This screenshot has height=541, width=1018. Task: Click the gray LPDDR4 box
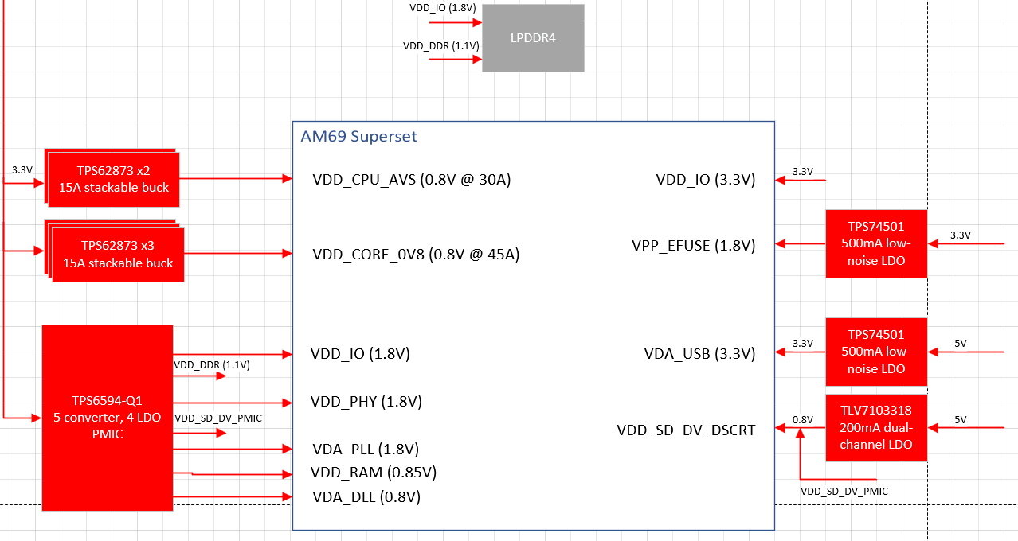(533, 38)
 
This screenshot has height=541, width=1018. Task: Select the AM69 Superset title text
(358, 136)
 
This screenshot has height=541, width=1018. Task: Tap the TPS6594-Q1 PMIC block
(108, 417)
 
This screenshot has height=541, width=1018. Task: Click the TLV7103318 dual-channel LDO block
(876, 427)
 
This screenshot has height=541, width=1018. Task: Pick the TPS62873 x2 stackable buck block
(113, 179)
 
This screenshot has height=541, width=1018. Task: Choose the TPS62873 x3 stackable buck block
(117, 254)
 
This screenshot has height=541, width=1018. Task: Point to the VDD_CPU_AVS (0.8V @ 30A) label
(411, 180)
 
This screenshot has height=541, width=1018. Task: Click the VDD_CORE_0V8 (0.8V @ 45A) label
(416, 255)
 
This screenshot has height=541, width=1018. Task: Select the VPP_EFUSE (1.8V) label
(693, 245)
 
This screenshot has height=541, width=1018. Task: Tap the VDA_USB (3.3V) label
(699, 353)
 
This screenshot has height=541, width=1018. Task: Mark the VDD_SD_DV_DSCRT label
(686, 430)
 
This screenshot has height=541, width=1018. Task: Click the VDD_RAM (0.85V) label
(374, 473)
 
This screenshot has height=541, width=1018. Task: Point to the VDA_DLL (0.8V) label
(366, 497)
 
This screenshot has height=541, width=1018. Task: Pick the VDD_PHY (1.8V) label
(366, 401)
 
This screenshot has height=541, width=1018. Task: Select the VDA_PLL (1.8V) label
(365, 449)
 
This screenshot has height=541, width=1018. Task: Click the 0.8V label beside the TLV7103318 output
(803, 419)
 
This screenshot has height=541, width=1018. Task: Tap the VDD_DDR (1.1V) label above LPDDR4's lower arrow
(440, 46)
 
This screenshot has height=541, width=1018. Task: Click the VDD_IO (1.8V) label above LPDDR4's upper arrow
(442, 8)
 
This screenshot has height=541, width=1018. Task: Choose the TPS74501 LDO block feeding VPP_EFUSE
(876, 243)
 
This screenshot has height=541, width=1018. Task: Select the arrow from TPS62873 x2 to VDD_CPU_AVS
(236, 179)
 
